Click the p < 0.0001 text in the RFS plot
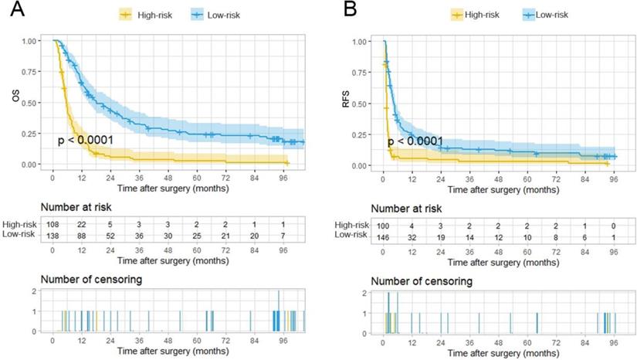[415, 141]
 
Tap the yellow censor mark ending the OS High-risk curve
[287, 164]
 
